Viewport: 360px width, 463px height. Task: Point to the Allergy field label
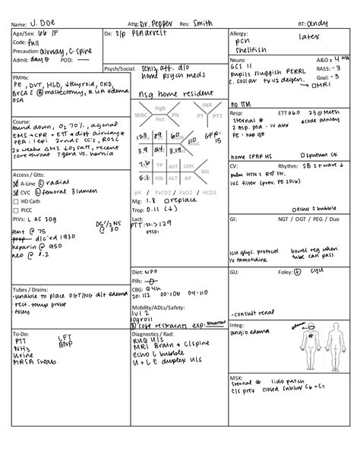[238, 35]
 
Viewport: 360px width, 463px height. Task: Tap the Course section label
[21, 121]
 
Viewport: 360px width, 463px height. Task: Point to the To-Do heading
[21, 333]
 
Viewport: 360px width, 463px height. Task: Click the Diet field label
[138, 271]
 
